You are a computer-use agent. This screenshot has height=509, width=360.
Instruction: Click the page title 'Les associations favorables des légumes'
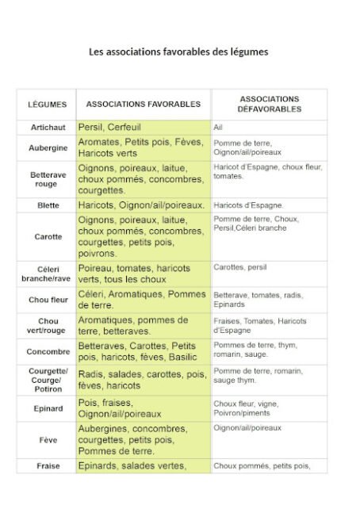pyautogui.click(x=178, y=52)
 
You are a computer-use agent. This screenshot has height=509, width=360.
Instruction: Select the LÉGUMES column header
pyautogui.click(x=48, y=105)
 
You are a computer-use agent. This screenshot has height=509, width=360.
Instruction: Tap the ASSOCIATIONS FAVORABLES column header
pyautogui.click(x=143, y=105)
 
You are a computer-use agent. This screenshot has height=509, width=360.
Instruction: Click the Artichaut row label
pyautogui.click(x=48, y=127)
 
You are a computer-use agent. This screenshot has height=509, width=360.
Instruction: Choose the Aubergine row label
pyautogui.click(x=48, y=147)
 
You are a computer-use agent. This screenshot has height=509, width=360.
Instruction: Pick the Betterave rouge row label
pyautogui.click(x=48, y=179)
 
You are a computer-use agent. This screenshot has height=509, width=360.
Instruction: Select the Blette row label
pyautogui.click(x=48, y=205)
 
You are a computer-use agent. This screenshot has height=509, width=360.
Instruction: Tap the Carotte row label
pyautogui.click(x=48, y=237)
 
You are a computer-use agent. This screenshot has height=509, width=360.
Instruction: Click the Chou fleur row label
pyautogui.click(x=48, y=300)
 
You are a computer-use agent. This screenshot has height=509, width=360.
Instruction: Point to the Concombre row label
pyautogui.click(x=48, y=352)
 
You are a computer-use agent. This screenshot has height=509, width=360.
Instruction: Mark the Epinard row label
pyautogui.click(x=48, y=408)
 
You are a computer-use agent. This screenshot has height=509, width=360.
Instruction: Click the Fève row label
pyautogui.click(x=48, y=439)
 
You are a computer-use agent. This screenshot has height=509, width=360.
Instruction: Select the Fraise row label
pyautogui.click(x=48, y=466)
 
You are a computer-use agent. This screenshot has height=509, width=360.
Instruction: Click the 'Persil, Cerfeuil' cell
pyautogui.click(x=109, y=127)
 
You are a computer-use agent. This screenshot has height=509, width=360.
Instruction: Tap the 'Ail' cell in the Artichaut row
pyautogui.click(x=218, y=127)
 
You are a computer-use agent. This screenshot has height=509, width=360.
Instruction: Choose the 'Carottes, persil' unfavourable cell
pyautogui.click(x=240, y=268)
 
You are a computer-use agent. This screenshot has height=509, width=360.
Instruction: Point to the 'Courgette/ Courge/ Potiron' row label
pyautogui.click(x=48, y=380)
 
